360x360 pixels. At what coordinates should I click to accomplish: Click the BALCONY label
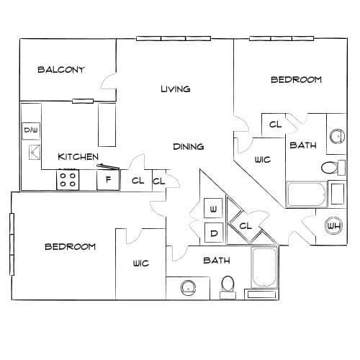(x=61, y=70)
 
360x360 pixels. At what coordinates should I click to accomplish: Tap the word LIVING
(x=176, y=89)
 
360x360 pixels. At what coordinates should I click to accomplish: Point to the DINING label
(x=189, y=146)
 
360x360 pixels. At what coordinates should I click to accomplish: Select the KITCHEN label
(x=78, y=157)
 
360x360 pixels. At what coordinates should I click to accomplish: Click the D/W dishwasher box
(x=31, y=131)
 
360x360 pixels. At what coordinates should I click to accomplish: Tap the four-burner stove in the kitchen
(x=68, y=180)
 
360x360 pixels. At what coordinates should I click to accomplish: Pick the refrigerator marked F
(x=108, y=180)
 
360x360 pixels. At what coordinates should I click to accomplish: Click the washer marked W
(x=213, y=208)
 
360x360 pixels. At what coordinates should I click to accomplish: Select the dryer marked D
(x=214, y=233)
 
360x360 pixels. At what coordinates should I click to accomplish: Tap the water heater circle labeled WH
(x=334, y=226)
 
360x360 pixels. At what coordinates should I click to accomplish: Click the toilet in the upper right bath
(x=333, y=168)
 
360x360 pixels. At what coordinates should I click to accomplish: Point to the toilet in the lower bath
(x=228, y=287)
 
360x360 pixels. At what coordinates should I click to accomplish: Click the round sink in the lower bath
(x=189, y=288)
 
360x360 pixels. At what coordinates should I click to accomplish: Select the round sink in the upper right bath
(x=337, y=136)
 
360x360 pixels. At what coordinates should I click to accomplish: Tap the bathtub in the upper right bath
(x=307, y=194)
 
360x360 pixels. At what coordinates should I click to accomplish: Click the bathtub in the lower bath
(x=264, y=267)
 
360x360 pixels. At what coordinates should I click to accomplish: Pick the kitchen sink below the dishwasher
(x=35, y=152)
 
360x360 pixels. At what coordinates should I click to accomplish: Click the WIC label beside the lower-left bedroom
(x=141, y=264)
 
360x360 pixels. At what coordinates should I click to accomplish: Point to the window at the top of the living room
(x=174, y=38)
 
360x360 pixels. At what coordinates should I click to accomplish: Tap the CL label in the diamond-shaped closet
(x=246, y=225)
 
